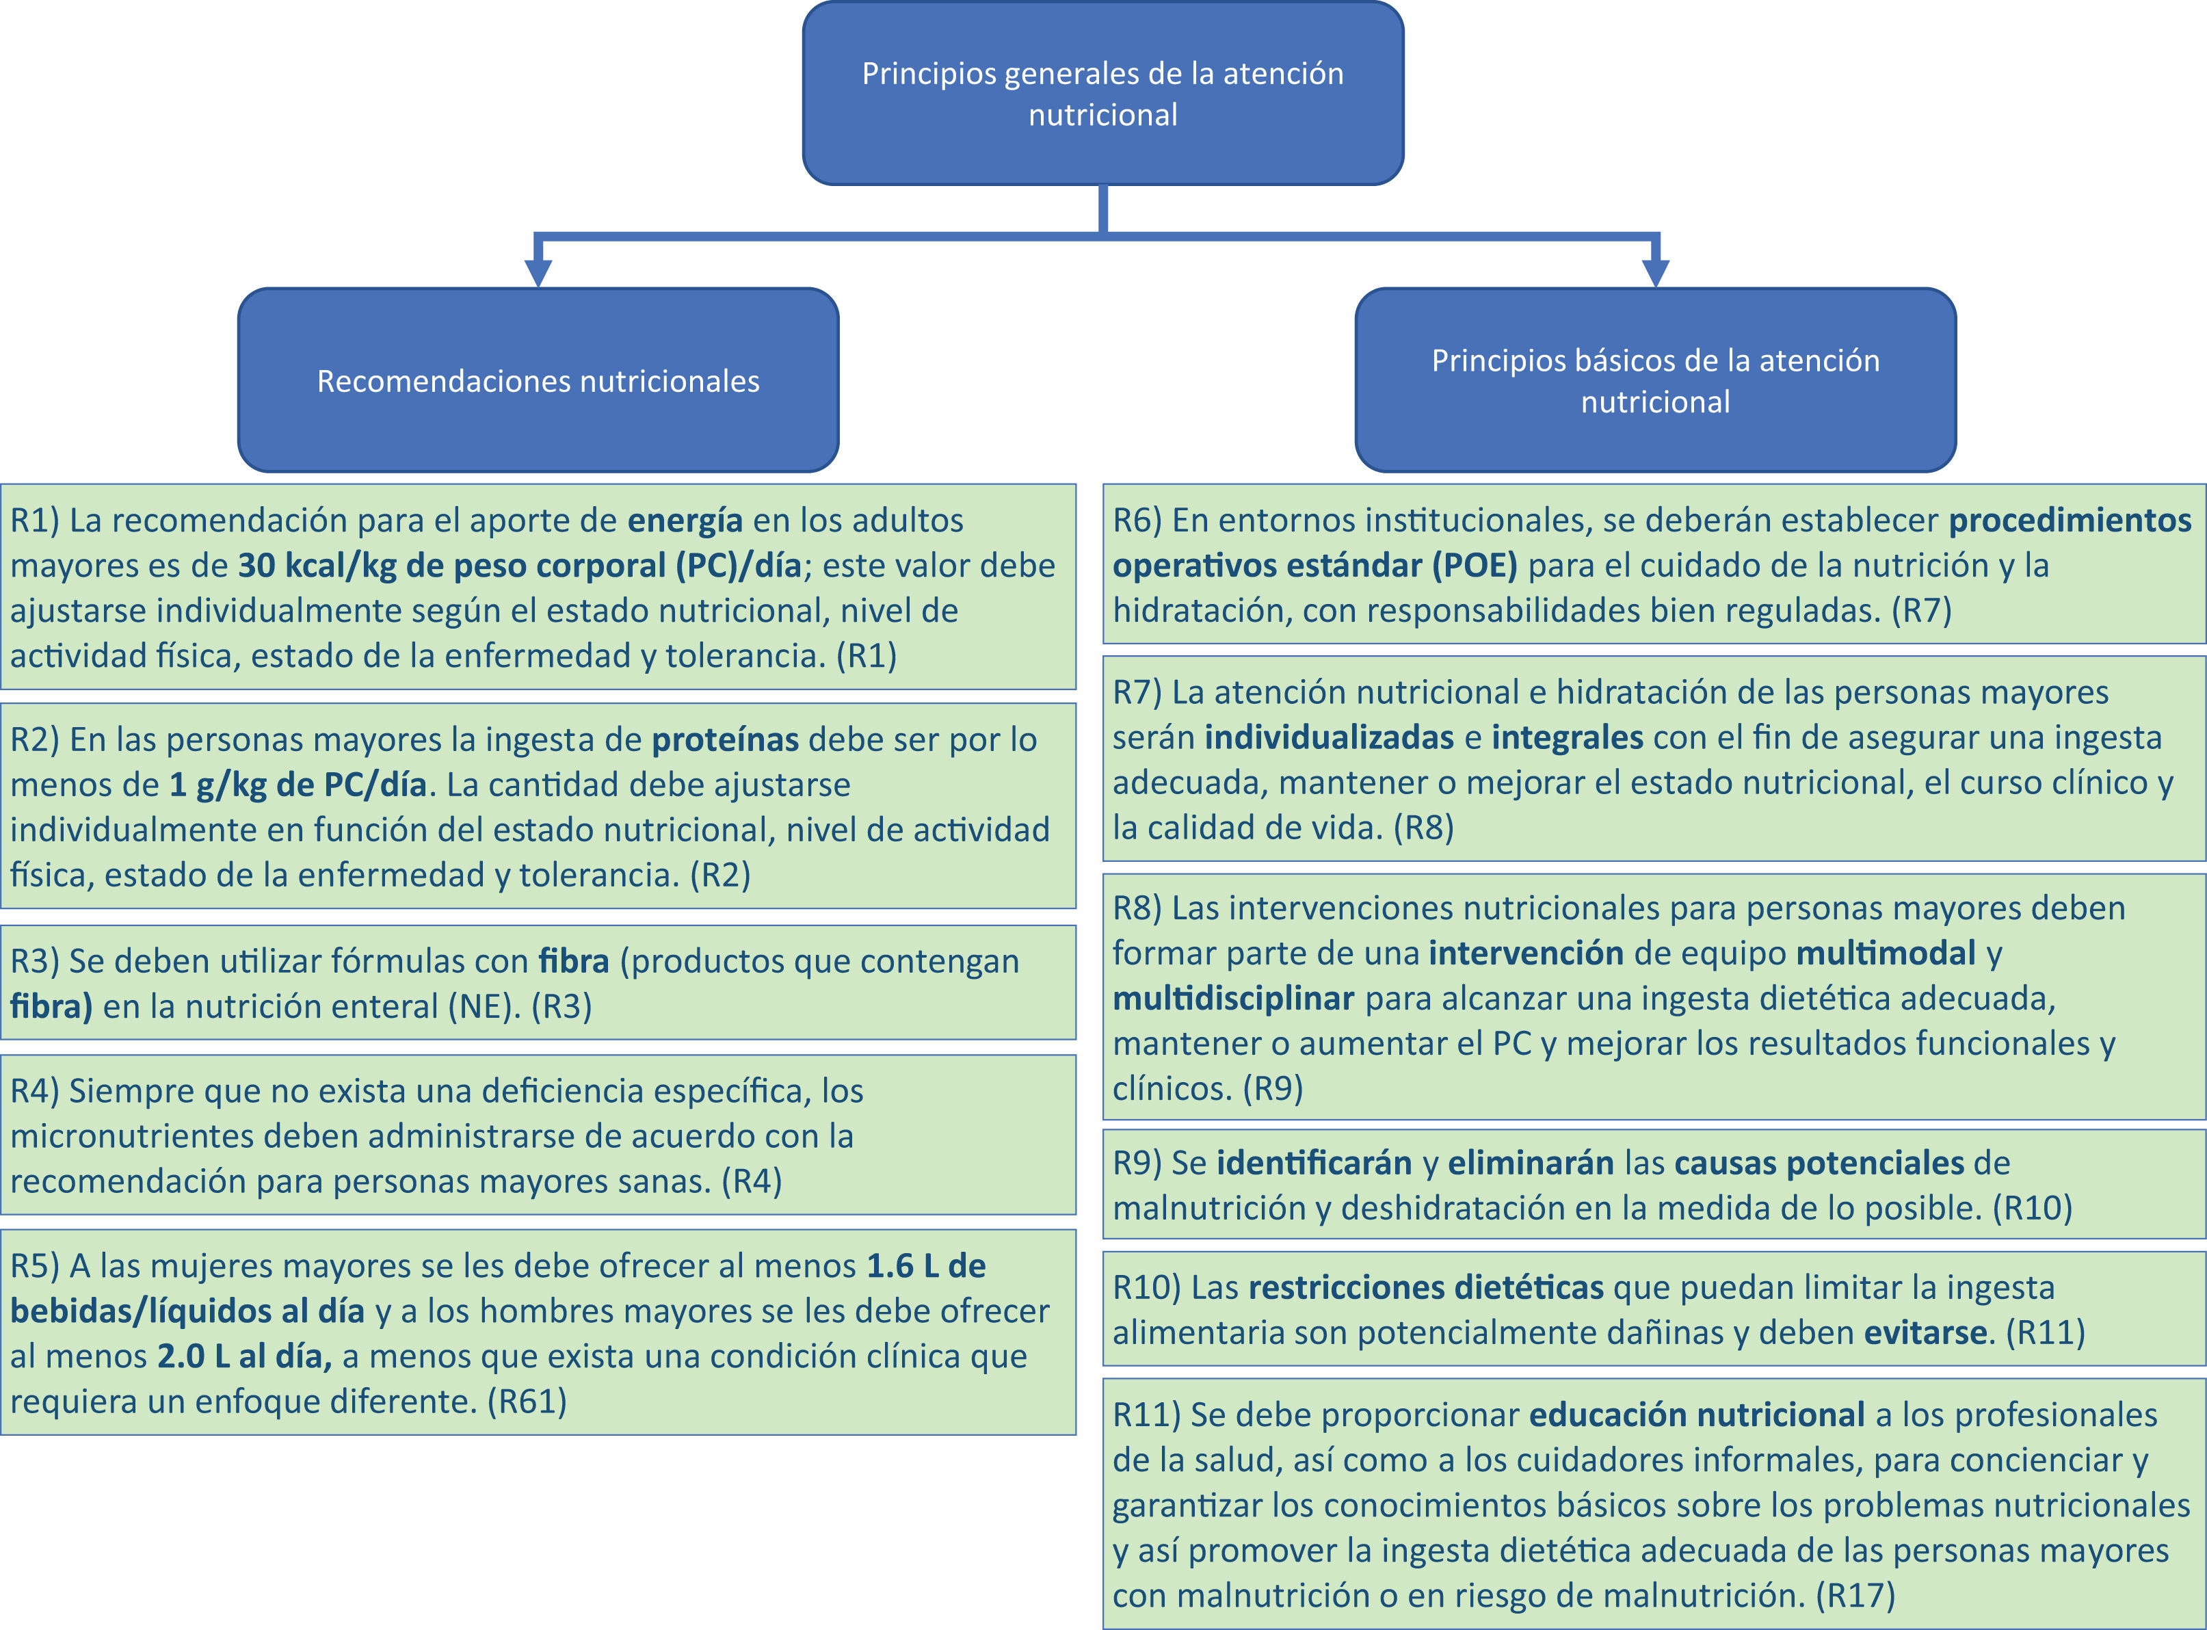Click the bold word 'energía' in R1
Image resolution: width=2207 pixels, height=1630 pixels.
(x=685, y=520)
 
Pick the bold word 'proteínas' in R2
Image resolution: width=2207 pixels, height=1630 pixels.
(x=725, y=739)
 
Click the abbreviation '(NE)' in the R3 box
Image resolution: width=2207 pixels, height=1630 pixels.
(x=484, y=1006)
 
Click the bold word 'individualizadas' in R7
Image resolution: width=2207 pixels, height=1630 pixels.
(x=1329, y=737)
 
